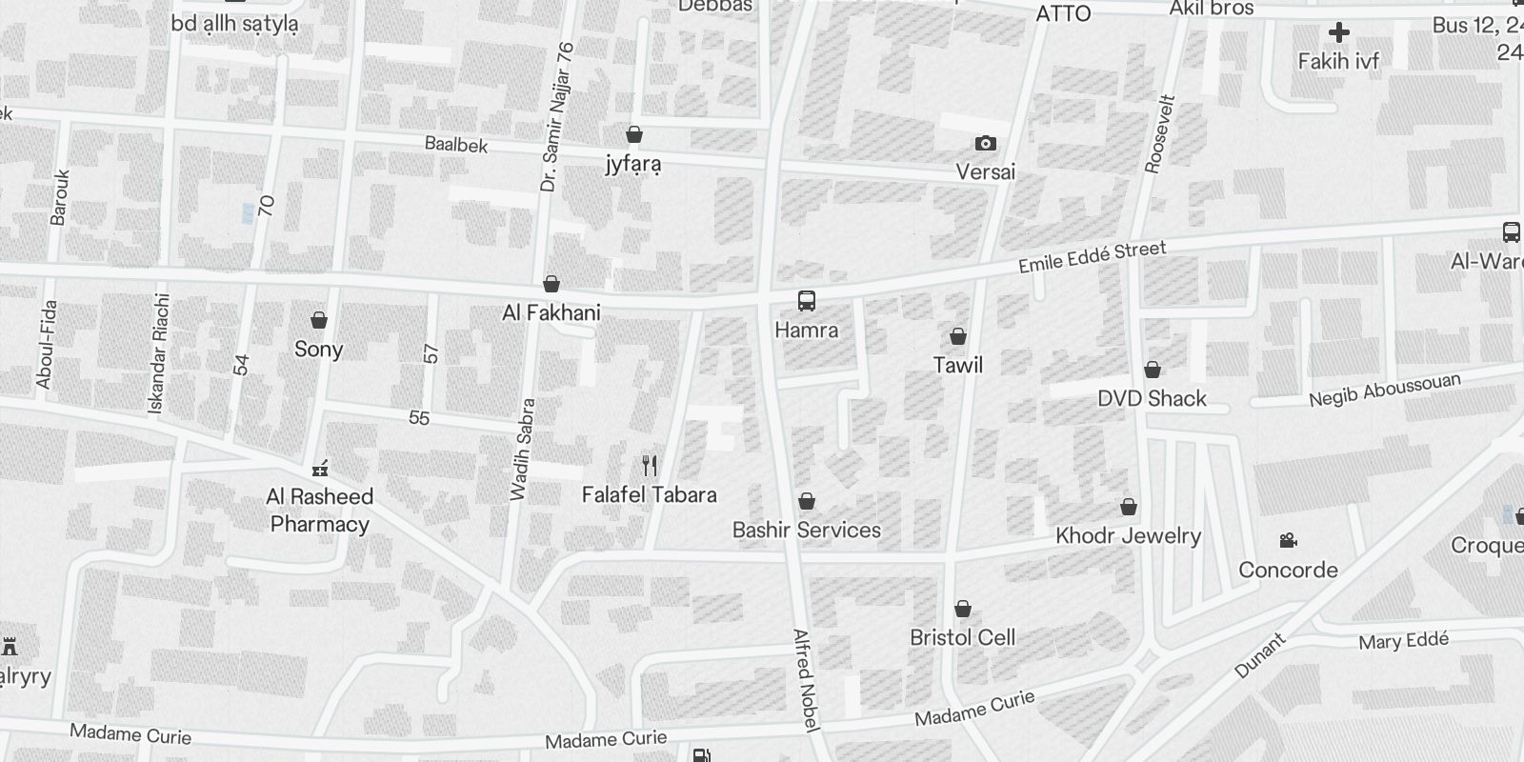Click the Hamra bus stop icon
(807, 302)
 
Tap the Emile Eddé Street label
(1092, 257)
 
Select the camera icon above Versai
(986, 144)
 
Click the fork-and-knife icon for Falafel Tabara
(650, 466)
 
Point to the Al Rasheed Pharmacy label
(319, 511)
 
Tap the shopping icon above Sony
(319, 320)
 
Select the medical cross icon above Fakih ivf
(1338, 32)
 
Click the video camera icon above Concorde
(1288, 541)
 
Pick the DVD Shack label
(1152, 398)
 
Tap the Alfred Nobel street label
(806, 680)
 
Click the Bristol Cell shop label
(962, 637)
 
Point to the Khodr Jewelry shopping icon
(1129, 507)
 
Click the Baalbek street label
(456, 145)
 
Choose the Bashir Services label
(807, 530)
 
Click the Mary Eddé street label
(1403, 641)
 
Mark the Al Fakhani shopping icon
(551, 284)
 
